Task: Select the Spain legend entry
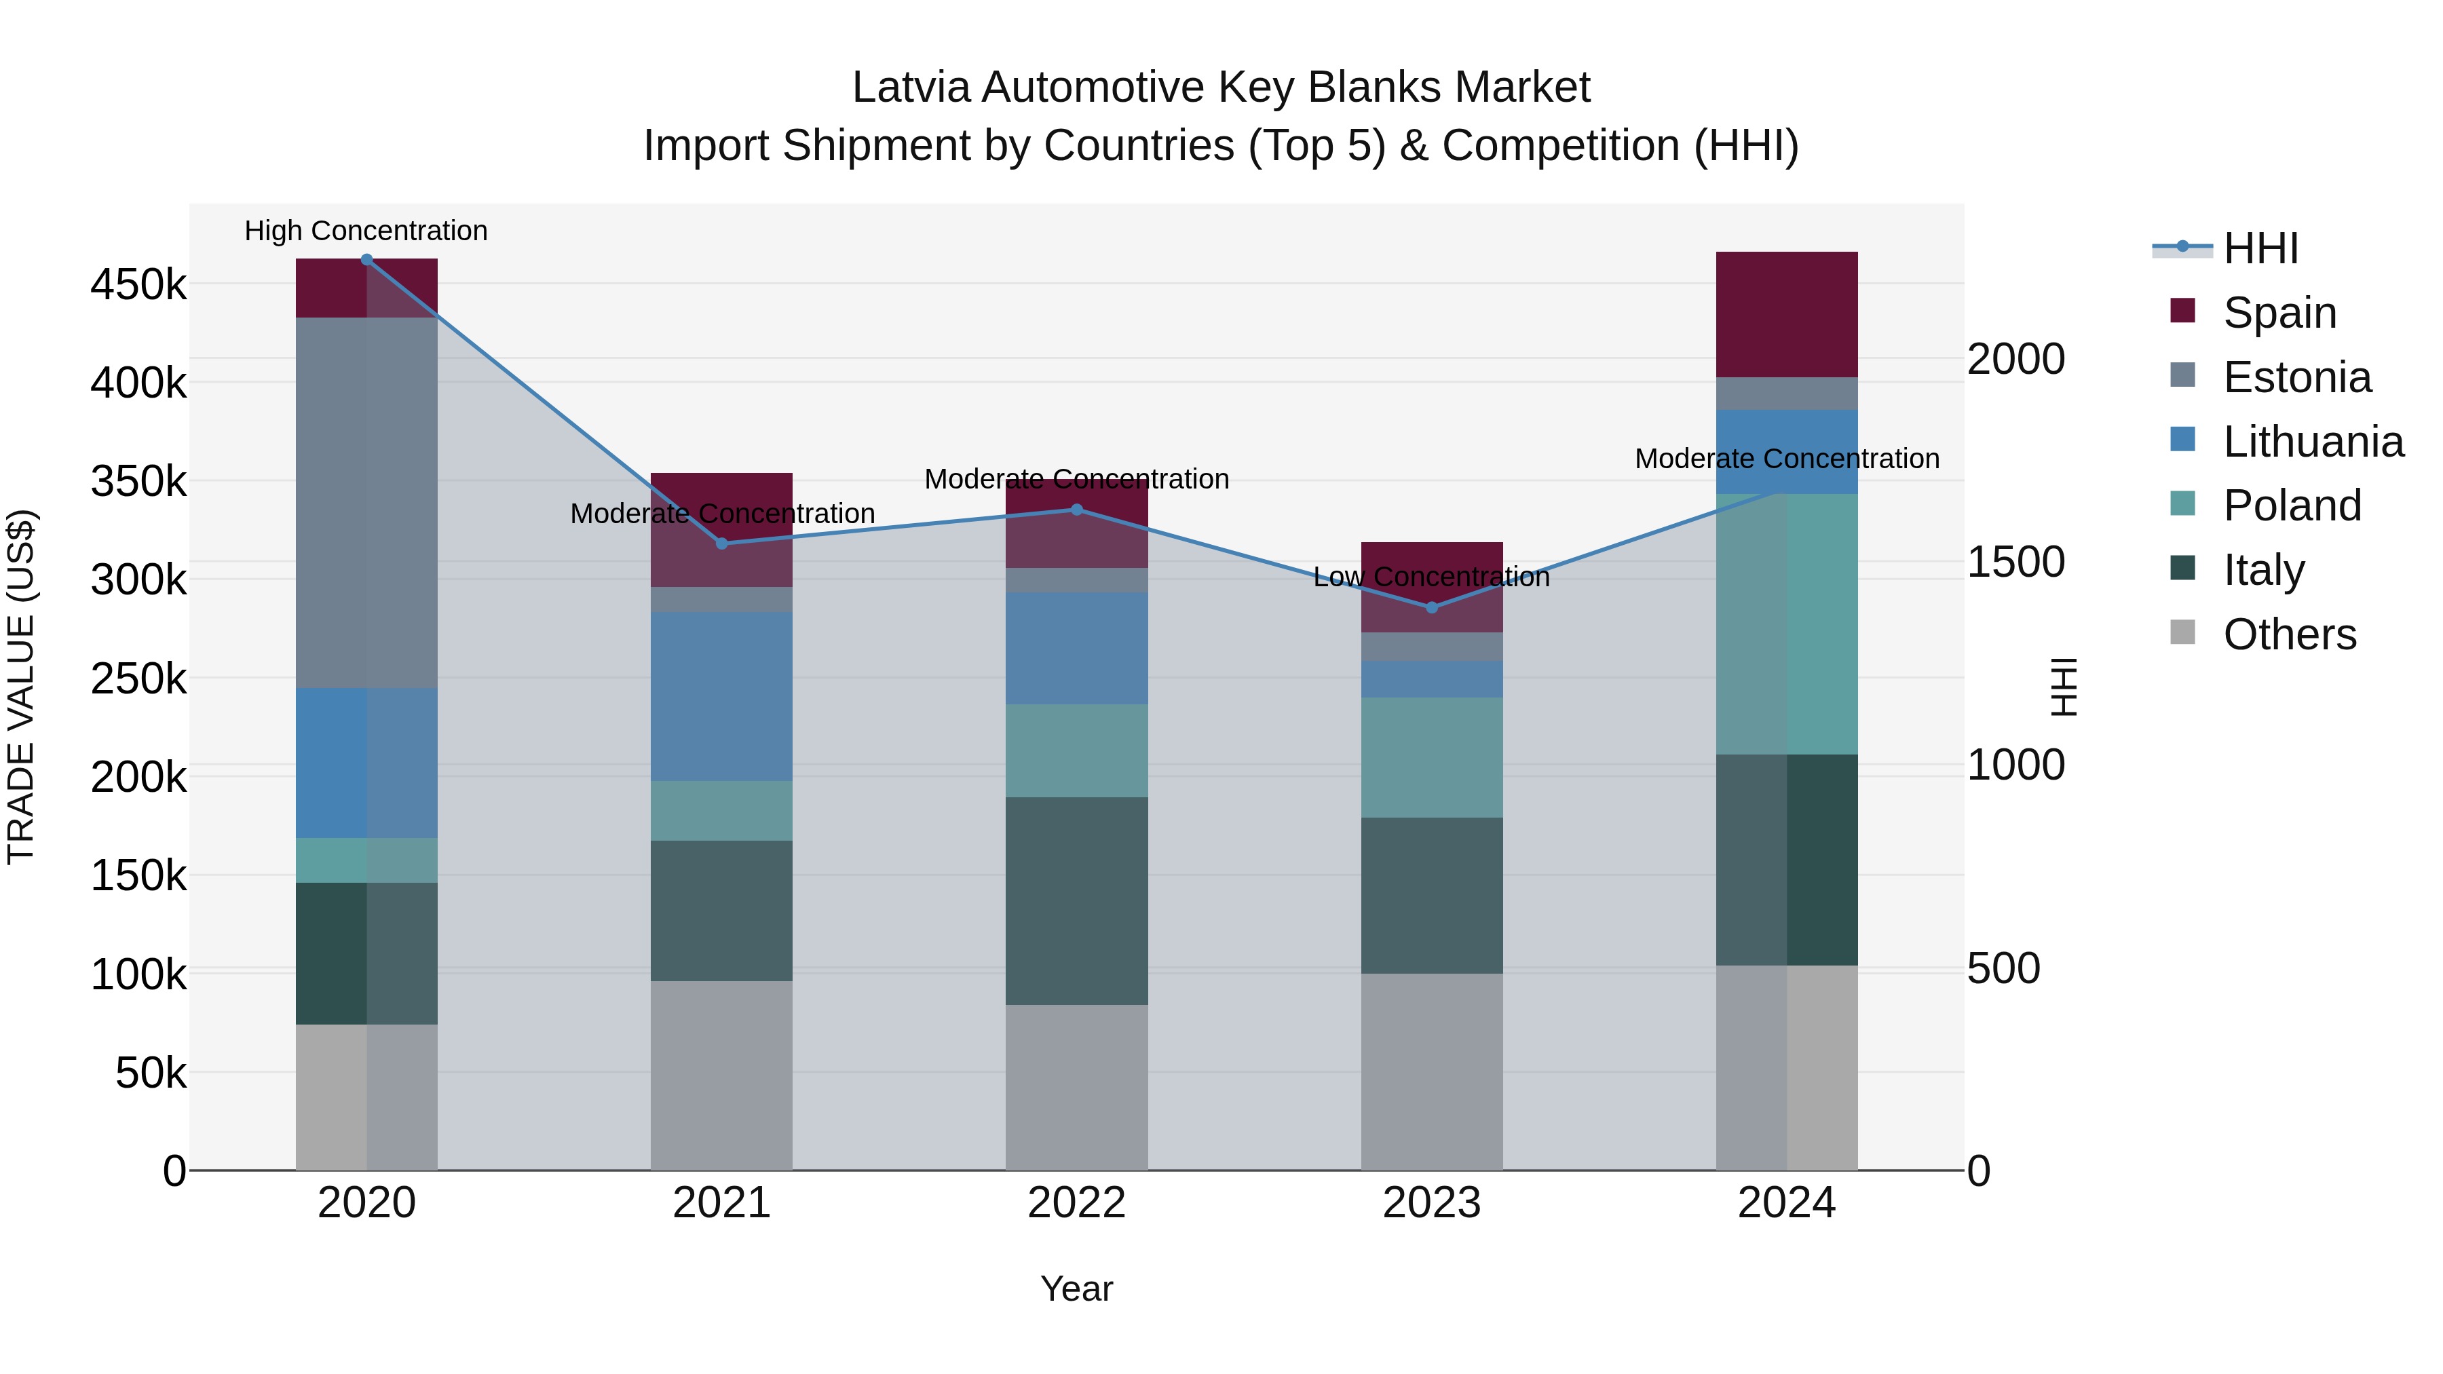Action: coord(2279,313)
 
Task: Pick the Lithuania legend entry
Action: coord(2312,442)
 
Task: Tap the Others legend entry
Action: coord(2288,634)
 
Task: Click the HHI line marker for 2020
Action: coord(367,260)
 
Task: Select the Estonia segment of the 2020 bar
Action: coord(367,503)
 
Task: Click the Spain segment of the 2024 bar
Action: coord(1787,314)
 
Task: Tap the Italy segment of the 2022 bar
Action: coord(1076,901)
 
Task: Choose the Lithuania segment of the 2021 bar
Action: coord(722,696)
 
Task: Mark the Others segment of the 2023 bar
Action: coord(1432,1071)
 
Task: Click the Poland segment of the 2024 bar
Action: coord(1787,624)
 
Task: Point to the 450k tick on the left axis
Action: coord(138,284)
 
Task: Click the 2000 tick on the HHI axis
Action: coord(2015,360)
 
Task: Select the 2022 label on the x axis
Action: coord(1076,1203)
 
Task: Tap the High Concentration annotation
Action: coord(366,231)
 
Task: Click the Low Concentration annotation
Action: coord(1431,577)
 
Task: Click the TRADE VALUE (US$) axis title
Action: coord(21,687)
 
